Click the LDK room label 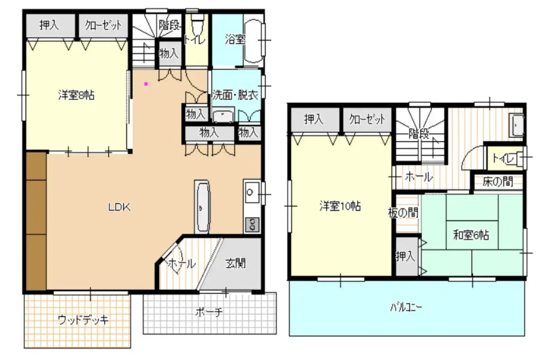119,207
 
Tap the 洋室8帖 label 76,95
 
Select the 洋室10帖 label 340,206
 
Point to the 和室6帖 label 471,235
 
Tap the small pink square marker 146,84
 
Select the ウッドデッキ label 83,319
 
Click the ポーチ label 209,311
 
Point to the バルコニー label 406,307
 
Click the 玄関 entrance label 236,263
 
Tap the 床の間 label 498,181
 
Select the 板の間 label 403,212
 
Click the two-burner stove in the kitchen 252,224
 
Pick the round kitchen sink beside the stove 250,192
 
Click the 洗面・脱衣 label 235,94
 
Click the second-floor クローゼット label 367,119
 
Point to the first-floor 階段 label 169,25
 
